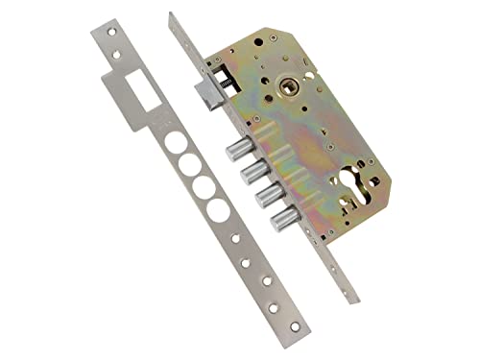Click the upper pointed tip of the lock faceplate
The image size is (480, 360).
tap(170, 14)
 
